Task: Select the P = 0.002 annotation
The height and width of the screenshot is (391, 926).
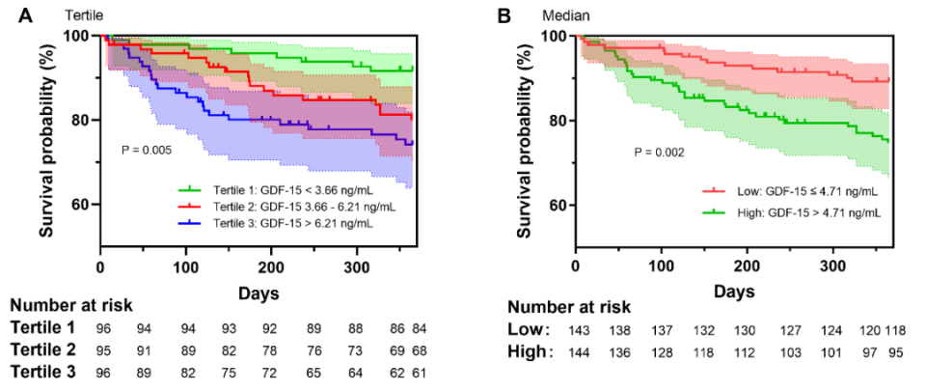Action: (x=661, y=153)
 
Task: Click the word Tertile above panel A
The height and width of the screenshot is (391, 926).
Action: (x=85, y=14)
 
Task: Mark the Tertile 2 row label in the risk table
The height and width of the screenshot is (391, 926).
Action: (x=44, y=349)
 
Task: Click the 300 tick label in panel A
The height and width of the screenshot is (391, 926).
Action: (x=356, y=265)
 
